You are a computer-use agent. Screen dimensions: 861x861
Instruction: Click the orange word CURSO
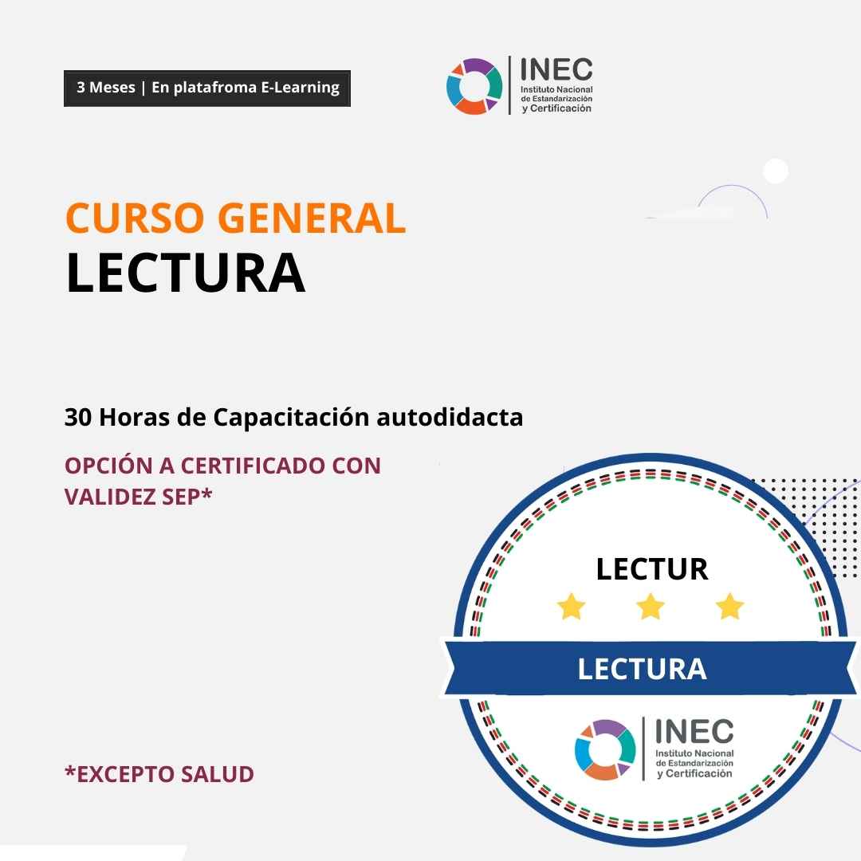pos(135,218)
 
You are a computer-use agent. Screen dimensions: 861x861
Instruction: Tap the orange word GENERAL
pos(312,218)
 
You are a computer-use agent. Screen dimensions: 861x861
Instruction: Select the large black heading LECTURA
pos(186,273)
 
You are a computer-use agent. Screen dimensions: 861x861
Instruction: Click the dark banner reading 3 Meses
pos(207,88)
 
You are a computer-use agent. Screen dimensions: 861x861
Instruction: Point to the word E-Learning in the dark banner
pos(300,88)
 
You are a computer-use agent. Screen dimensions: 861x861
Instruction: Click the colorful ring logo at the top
pos(474,86)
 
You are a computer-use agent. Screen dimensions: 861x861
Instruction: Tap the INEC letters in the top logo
pos(556,69)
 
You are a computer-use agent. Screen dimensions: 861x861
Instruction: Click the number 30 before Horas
pos(78,417)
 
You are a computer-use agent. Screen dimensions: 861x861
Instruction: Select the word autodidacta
pos(449,417)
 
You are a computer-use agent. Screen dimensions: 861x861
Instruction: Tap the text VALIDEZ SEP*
pos(139,497)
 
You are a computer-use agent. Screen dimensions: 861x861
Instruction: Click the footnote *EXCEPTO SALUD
pos(159,773)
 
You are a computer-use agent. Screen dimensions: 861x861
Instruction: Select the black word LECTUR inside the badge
pos(652,569)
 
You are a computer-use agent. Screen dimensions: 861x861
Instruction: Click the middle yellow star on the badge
pos(651,606)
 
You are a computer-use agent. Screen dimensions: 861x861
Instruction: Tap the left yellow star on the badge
pos(571,606)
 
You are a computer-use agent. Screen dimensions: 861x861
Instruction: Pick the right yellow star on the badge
pos(729,606)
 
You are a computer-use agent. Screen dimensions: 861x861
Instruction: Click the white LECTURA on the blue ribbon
pos(642,669)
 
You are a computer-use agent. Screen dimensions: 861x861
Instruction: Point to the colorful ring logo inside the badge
pos(605,749)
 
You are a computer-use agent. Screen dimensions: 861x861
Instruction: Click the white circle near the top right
pos(776,171)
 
